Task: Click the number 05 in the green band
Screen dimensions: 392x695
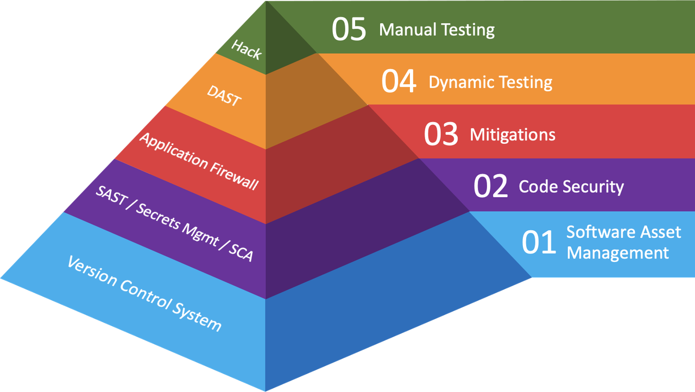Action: pyautogui.click(x=349, y=29)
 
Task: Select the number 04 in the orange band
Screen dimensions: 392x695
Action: pyautogui.click(x=399, y=81)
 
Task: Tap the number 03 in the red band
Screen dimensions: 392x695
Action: pyautogui.click(x=441, y=134)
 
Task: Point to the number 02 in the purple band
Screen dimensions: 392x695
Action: pyautogui.click(x=490, y=186)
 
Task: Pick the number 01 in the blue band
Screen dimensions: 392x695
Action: pyautogui.click(x=539, y=242)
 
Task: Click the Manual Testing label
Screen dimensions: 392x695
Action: pyautogui.click(x=437, y=29)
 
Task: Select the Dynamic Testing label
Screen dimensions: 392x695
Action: pyautogui.click(x=490, y=82)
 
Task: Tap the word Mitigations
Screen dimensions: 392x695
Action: pyautogui.click(x=513, y=134)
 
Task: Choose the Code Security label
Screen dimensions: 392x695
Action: pyautogui.click(x=571, y=187)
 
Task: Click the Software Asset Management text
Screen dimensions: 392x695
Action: pyautogui.click(x=623, y=242)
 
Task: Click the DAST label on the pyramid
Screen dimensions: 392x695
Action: pyautogui.click(x=224, y=96)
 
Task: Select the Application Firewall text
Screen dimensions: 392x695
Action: pyautogui.click(x=198, y=161)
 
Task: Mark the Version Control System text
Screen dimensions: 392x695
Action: pyautogui.click(x=144, y=293)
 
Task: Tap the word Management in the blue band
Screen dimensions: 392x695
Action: pyautogui.click(x=618, y=252)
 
